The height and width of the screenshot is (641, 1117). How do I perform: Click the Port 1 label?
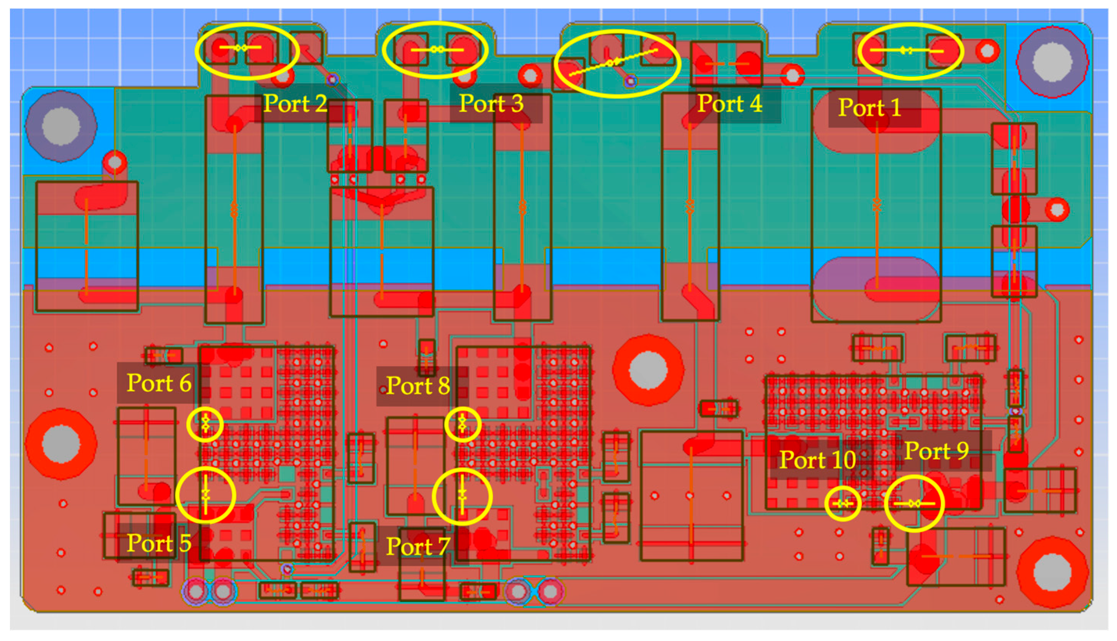pos(869,108)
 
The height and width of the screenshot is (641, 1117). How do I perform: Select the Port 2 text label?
pos(295,104)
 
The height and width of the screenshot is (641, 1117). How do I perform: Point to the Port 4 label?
pos(730,104)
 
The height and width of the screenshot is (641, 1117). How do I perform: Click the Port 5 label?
pos(159,543)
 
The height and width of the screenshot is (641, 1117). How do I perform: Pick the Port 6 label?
pos(159,383)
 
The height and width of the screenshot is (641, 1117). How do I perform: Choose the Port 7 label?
pos(417,546)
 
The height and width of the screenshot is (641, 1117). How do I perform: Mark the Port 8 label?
pos(417,386)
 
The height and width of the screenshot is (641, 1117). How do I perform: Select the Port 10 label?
pos(817,460)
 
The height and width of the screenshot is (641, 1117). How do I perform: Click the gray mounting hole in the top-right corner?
pos(1052,62)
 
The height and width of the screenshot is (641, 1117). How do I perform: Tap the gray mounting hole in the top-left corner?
pos(61,126)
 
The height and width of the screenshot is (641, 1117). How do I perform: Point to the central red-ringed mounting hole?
pos(648,370)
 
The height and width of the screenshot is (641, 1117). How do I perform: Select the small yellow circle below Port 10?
pos(842,503)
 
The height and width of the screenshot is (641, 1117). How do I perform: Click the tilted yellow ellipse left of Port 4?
pos(616,64)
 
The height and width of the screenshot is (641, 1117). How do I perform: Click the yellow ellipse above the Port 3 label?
pos(435,50)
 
